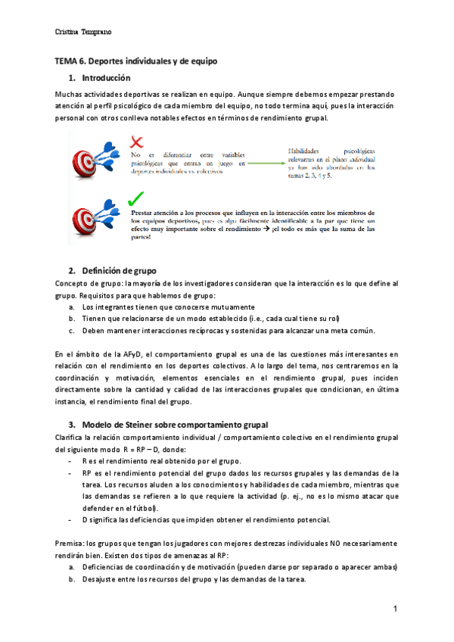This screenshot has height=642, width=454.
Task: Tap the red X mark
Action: [137, 142]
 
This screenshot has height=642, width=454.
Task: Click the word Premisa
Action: [69, 544]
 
